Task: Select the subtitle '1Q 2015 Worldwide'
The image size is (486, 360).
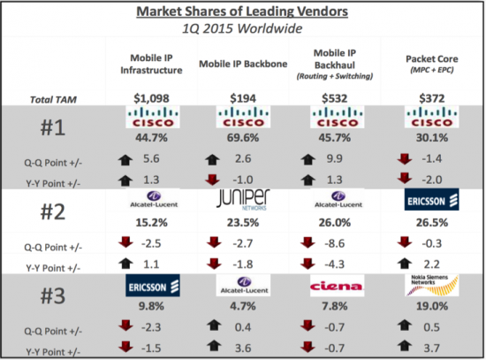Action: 243,30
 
